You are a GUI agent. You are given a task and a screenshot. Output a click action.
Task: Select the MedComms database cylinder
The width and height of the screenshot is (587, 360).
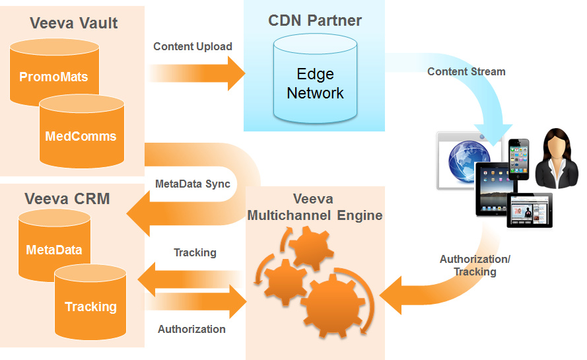(x=81, y=135)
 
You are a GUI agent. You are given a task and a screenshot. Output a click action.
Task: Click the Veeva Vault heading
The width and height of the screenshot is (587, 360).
(x=74, y=23)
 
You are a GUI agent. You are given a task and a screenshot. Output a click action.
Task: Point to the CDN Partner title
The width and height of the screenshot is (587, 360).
(x=315, y=20)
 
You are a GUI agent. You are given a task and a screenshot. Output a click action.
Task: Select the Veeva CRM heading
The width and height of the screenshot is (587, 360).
(x=67, y=198)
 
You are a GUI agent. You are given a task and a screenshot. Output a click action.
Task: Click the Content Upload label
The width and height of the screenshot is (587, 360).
(x=193, y=47)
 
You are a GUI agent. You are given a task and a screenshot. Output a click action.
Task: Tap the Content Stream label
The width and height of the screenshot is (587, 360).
(x=466, y=71)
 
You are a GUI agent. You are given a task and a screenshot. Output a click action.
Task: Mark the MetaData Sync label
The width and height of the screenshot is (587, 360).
(x=193, y=184)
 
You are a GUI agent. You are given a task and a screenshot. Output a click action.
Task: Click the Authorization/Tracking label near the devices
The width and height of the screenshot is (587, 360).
(x=475, y=266)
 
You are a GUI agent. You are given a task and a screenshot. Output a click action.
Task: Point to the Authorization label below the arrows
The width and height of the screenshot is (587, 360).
(x=191, y=329)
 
